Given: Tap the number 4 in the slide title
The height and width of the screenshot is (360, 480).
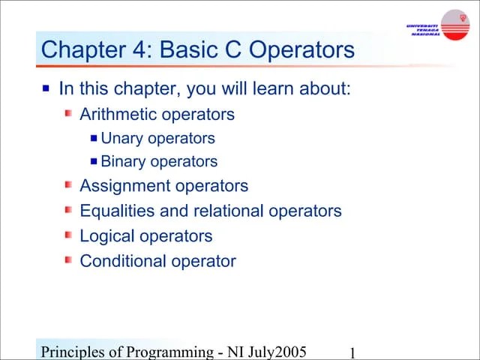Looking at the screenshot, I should (132, 50).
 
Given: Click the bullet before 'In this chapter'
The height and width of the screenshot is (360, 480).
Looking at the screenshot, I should (46, 89).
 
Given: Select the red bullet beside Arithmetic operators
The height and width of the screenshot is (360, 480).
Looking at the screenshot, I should (68, 114).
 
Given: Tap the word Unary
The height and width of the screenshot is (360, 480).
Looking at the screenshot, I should (121, 139).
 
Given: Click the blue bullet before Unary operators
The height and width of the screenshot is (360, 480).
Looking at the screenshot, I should (93, 138).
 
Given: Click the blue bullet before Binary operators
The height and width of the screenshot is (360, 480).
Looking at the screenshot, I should (93, 161).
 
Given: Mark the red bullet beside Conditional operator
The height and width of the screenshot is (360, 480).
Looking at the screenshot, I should (68, 260).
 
